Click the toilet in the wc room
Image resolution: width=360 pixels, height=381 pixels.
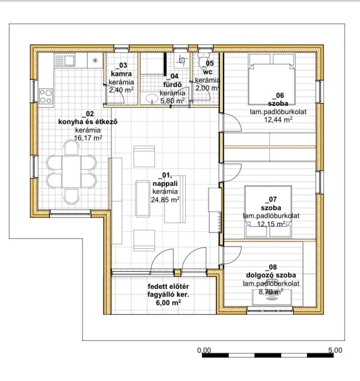203,60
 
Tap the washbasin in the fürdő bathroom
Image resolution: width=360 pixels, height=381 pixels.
153,98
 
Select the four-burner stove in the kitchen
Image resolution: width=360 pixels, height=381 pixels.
46,96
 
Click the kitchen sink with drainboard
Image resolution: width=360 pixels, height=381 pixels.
64,60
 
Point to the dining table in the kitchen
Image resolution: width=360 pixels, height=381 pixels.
71,172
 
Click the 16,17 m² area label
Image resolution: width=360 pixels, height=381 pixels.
88,138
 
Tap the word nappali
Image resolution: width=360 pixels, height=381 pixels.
165,184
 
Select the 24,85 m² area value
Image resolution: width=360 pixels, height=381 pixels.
165,199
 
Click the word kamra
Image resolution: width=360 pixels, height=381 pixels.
121,74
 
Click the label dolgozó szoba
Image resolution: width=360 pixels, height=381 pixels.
271,275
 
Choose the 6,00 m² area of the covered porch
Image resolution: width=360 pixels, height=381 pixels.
168,302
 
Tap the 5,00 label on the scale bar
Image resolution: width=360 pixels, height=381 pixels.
335,350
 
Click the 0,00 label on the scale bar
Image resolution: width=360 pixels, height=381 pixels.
204,350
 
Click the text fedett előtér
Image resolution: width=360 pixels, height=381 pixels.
168,286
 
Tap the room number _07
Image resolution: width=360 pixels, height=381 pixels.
271,199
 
